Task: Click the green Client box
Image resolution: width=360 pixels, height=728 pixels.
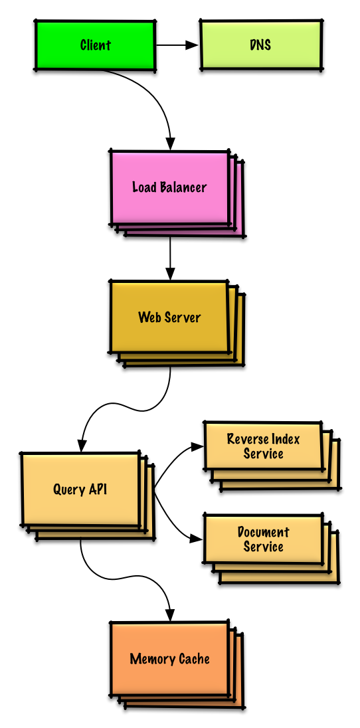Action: (95, 45)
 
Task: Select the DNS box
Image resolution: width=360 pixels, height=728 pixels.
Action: (261, 45)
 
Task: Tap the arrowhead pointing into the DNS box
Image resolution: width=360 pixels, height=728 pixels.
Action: (192, 45)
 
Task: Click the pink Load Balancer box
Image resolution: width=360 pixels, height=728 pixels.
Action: (177, 193)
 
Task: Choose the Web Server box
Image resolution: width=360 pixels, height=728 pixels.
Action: (177, 323)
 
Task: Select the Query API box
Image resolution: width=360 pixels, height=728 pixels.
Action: (88, 496)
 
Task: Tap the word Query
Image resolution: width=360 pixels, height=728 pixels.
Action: (68, 490)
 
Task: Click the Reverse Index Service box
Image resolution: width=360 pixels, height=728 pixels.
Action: (272, 456)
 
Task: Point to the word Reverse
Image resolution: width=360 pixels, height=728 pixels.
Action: (245, 439)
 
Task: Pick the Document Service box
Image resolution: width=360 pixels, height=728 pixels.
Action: (272, 549)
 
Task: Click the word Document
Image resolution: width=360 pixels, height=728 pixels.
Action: (264, 532)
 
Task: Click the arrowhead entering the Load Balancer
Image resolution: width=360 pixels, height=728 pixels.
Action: (171, 143)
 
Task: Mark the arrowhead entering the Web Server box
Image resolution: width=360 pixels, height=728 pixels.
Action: (170, 274)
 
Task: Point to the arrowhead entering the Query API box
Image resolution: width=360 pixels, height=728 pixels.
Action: (82, 445)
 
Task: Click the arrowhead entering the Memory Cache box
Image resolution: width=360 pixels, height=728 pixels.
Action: (170, 614)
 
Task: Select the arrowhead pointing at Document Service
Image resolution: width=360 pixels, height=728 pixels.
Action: (197, 539)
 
